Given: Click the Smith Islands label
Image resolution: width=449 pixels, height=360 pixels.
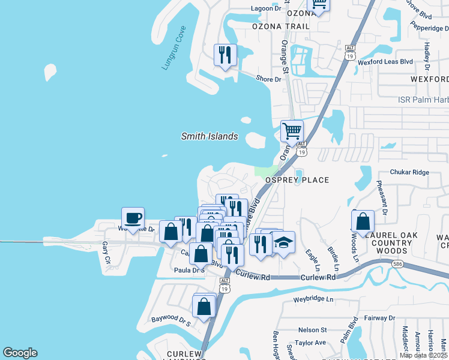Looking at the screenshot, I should [x=209, y=136].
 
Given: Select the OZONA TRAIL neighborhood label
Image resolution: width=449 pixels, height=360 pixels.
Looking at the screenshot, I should [x=281, y=27].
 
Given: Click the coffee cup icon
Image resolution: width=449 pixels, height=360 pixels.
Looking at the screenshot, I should [x=133, y=218].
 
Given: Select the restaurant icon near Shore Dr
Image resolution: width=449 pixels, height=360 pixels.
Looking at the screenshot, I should [x=225, y=55].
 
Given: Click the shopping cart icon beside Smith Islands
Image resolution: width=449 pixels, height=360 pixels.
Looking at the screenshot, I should [x=292, y=130].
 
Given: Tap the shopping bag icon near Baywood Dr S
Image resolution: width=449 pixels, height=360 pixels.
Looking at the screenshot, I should [x=204, y=306].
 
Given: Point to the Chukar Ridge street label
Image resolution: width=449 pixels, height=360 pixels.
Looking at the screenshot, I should [x=409, y=172].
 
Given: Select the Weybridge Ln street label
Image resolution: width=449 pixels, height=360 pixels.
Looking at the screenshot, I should [x=313, y=299].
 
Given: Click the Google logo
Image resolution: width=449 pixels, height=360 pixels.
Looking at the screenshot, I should [x=20, y=353].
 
